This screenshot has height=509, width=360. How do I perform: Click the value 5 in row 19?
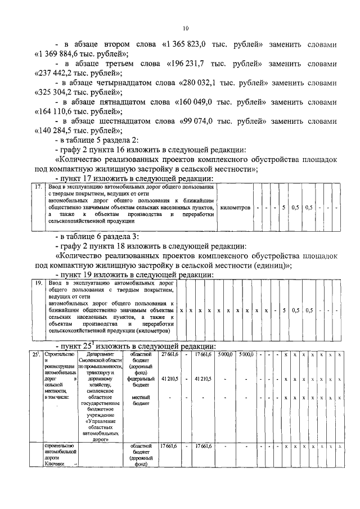click(x=285, y=310)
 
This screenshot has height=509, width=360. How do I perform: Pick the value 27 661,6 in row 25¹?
click(x=169, y=354)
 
